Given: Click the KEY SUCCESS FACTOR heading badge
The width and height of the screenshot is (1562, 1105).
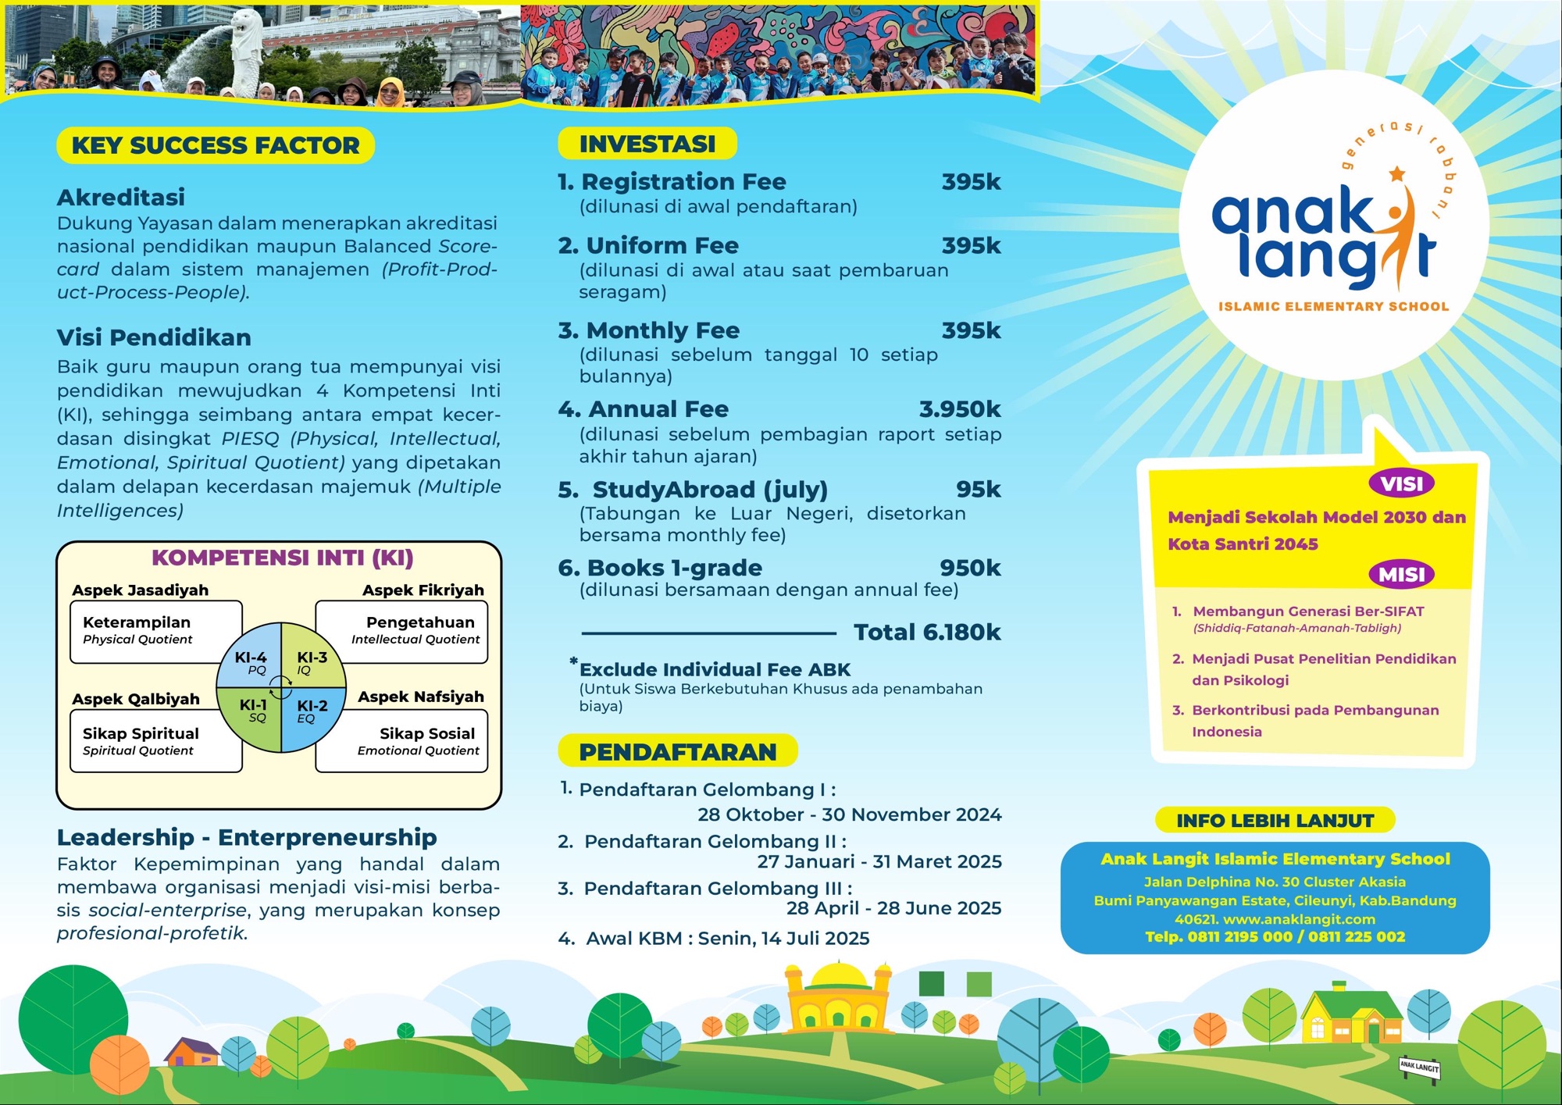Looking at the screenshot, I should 216,146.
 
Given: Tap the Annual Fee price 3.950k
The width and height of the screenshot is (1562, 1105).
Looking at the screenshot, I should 959,409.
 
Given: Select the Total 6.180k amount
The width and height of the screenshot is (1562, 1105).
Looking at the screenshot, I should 926,633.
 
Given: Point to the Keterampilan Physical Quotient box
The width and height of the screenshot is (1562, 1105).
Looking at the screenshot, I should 155,631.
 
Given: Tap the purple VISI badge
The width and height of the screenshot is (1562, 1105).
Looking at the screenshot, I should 1401,484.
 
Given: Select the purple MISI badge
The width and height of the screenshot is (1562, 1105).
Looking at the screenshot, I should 1401,575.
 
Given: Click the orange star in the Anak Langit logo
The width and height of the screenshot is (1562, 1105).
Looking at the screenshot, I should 1396,173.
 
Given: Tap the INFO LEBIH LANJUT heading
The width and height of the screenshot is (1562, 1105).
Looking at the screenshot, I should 1275,821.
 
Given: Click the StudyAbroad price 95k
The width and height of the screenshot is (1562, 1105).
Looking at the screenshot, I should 978,490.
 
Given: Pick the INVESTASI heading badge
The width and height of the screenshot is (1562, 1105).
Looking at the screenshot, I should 647,144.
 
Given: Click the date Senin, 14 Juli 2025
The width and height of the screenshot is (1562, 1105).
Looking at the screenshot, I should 783,939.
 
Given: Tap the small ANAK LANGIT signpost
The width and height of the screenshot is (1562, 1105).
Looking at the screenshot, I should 1419,1067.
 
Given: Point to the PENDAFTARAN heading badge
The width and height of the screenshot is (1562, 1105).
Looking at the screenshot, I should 677,752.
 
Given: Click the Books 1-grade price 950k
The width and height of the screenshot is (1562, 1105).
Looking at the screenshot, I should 969,569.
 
